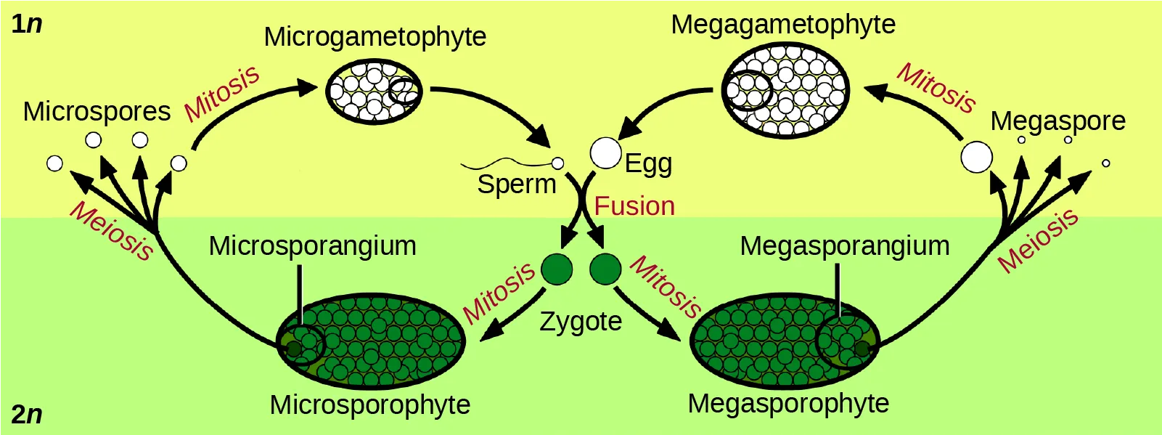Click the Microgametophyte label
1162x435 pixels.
(375, 36)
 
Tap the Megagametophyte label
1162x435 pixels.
(783, 24)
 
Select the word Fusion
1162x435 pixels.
(634, 206)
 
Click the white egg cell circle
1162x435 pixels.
(605, 153)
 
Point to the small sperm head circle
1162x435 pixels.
(557, 163)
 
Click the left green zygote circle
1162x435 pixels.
(557, 269)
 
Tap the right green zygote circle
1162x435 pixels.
(605, 269)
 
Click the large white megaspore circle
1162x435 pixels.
(976, 158)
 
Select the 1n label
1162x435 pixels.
(27, 24)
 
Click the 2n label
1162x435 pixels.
(27, 414)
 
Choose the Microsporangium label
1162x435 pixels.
(312, 246)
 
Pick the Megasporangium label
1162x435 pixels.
(844, 246)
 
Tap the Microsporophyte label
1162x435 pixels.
(369, 404)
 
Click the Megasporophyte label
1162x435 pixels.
(788, 403)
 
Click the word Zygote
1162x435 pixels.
(581, 321)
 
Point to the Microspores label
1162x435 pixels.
(97, 111)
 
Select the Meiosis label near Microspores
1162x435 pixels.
(111, 230)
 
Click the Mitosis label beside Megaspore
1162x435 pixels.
(936, 88)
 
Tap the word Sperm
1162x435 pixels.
(516, 184)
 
